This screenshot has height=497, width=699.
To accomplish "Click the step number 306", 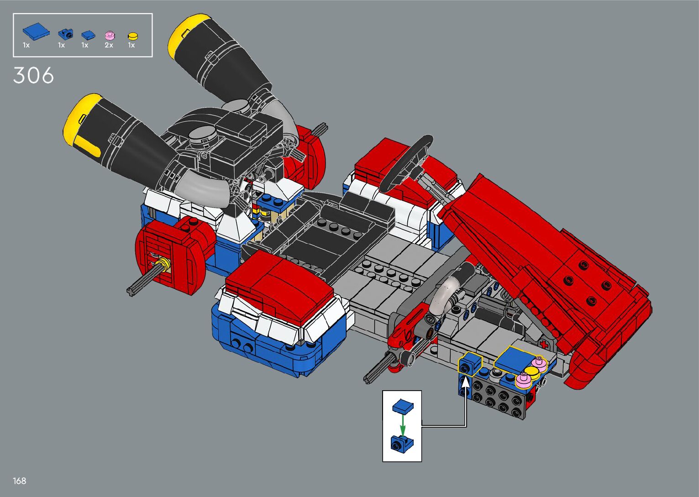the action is click(x=33, y=75).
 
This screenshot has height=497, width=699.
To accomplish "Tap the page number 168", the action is click(x=19, y=481).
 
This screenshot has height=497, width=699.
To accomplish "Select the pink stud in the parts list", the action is click(x=110, y=35).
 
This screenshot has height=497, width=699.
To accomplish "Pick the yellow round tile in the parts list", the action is click(x=133, y=36).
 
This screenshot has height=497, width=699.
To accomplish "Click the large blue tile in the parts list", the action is click(x=36, y=31).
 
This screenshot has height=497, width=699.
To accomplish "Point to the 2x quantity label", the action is click(x=109, y=45).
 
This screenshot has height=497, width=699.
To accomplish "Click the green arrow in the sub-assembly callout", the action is click(x=403, y=424).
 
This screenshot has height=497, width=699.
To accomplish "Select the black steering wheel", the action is click(x=406, y=163).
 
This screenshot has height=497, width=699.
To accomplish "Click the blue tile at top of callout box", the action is click(x=403, y=406).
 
